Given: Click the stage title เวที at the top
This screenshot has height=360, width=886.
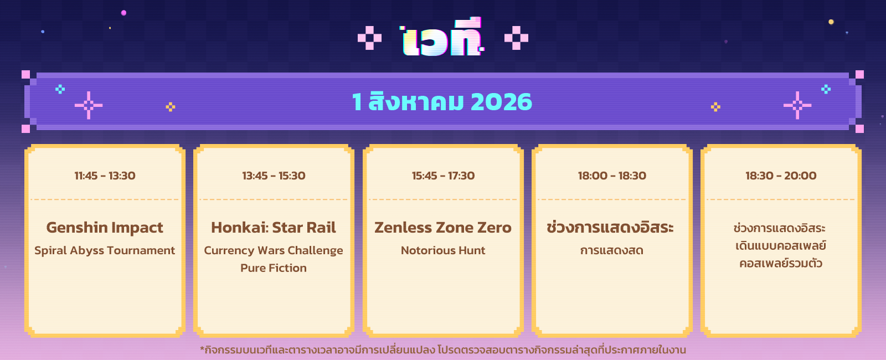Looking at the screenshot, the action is (442, 37).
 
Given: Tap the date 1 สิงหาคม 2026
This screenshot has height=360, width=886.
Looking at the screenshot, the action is (442, 102).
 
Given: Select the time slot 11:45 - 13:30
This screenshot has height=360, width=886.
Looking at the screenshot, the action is (105, 176).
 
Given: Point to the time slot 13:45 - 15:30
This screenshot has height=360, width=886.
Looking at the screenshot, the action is (274, 176).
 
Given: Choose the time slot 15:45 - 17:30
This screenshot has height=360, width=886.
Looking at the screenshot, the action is (443, 176).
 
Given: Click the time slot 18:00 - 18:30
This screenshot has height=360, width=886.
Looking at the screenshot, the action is (612, 176).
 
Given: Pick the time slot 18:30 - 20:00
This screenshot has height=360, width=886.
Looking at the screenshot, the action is (781, 176).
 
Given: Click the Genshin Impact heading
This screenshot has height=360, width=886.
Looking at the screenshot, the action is (105, 228).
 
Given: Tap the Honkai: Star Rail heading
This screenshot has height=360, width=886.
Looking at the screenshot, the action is (274, 228).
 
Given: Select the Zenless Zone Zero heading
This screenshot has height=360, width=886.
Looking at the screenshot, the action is (443, 228).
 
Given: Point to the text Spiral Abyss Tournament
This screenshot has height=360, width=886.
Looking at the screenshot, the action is (105, 251).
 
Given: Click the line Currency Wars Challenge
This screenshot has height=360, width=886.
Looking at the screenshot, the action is (274, 251).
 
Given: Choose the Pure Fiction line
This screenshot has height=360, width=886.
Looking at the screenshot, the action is (274, 268).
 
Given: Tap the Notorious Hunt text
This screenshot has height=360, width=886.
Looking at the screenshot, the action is (443, 250).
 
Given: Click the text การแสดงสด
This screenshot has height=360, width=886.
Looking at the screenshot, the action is (612, 251).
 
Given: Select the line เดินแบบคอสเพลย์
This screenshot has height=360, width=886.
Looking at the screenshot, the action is (781, 246).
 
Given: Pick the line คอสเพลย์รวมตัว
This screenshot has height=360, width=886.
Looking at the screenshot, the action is (781, 263).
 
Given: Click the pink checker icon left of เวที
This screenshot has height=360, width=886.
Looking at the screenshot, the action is (370, 38).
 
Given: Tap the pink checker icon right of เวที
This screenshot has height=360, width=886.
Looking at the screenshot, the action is (516, 38).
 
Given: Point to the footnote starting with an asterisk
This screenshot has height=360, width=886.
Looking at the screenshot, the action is (443, 350).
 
